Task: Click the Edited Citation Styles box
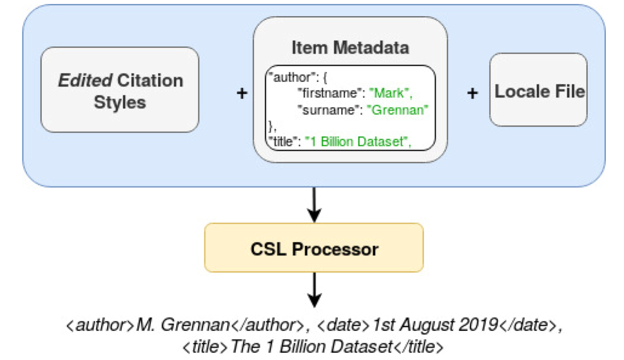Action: coord(120,89)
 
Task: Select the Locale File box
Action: coord(538,89)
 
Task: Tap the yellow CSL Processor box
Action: coord(314,248)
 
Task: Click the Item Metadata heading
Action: coord(350,47)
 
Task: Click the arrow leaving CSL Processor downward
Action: coord(314,290)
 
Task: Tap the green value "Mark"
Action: coord(392,93)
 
